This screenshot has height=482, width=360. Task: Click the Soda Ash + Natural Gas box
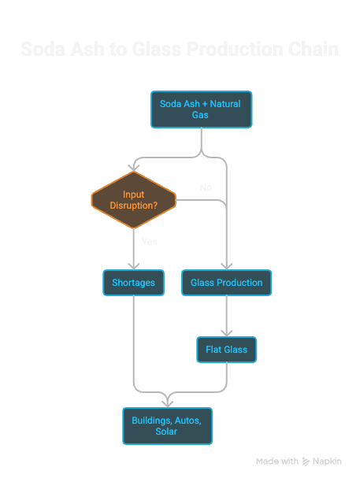[x=202, y=109]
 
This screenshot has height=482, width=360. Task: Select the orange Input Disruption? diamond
[x=133, y=201]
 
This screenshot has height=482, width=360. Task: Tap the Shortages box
[x=133, y=283]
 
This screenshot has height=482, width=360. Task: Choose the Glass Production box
[x=226, y=283]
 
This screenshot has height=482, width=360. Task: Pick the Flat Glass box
[x=226, y=350]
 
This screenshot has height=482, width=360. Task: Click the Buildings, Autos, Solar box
[x=167, y=425]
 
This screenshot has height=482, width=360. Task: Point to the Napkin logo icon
[x=306, y=462]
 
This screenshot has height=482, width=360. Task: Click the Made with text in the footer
[x=276, y=462]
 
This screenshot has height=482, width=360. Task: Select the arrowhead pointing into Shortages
[x=133, y=266]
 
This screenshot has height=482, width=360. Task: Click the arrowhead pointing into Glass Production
[x=226, y=266]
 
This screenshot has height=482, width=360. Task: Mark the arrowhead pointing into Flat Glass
[x=226, y=333]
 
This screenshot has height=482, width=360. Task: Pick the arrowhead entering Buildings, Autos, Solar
[x=167, y=402]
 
